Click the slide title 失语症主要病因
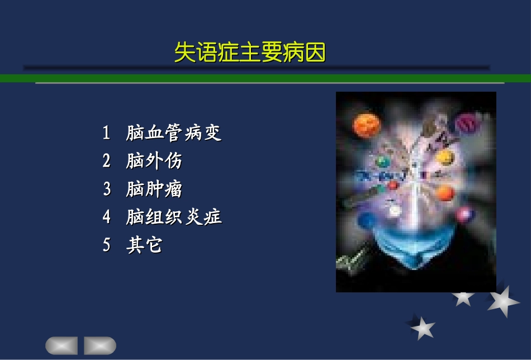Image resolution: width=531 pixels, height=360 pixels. [x=250, y=53]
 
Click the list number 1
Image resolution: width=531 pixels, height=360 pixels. [x=106, y=133]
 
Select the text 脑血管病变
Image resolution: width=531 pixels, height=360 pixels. [x=174, y=133]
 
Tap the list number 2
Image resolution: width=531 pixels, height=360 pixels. [x=107, y=161]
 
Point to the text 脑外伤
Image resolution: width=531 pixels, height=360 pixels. [x=154, y=161]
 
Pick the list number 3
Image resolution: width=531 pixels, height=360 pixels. [x=107, y=189]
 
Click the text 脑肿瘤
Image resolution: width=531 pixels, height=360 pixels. [x=154, y=189]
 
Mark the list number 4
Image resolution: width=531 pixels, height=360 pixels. [x=107, y=217]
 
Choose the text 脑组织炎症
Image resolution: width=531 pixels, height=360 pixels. [x=174, y=217]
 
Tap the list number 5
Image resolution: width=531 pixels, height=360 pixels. [x=107, y=245]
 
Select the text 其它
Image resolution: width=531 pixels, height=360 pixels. [x=144, y=245]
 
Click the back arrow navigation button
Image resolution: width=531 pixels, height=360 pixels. [x=61, y=345]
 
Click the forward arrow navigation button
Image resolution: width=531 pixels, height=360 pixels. [x=100, y=345]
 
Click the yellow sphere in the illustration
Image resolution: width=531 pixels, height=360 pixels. [x=444, y=157]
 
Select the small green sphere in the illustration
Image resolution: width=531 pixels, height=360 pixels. [x=384, y=163]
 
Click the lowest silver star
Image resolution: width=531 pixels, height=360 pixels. [x=422, y=328]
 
